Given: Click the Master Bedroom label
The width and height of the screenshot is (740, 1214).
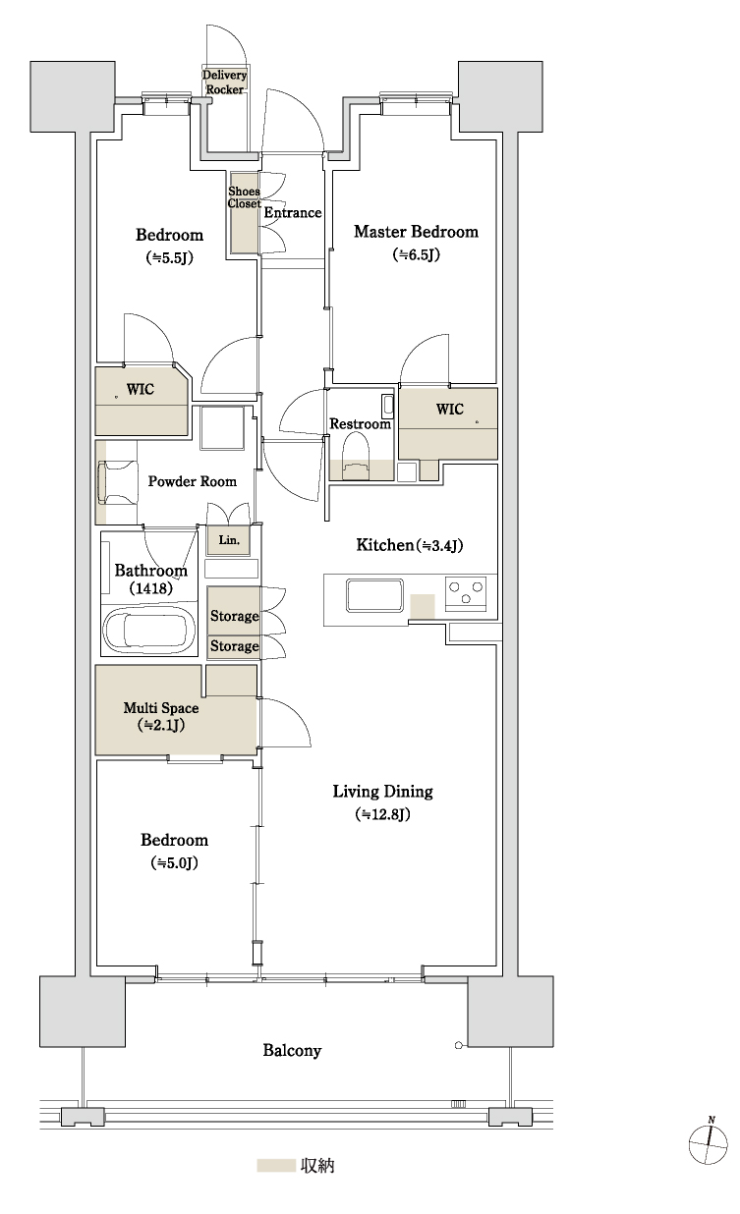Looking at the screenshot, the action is point(416,232).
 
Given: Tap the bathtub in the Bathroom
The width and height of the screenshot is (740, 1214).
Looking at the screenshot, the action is point(148,631).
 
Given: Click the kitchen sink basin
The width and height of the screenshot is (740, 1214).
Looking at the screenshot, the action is point(374,595).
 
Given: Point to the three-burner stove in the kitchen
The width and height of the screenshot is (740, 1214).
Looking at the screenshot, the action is point(466,593).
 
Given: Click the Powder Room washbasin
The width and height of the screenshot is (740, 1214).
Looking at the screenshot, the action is point(116,482).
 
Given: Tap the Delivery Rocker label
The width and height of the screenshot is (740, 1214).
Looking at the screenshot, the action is point(224,83).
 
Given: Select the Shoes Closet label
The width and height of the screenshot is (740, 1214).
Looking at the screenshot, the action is point(244,197).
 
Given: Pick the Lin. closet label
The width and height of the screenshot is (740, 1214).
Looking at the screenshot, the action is point(229,540).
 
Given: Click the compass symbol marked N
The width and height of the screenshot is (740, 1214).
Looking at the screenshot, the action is point(708,1142).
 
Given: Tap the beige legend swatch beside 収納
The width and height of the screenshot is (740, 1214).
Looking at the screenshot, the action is point(275,1165).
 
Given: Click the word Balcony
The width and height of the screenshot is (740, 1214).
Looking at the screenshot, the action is point(292,1050).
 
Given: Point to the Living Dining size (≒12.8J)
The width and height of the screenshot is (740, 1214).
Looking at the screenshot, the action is point(382,814).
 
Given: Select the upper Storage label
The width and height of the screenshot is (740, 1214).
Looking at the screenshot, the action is point(234,616).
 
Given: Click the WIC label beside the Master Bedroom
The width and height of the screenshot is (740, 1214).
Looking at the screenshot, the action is point(449,410).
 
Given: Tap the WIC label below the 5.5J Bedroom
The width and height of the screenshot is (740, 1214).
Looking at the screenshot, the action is point(140,389).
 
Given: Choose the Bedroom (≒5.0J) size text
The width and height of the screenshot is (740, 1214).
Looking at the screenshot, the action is point(174,862).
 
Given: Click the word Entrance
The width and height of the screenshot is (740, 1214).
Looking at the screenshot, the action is point(293,212).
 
